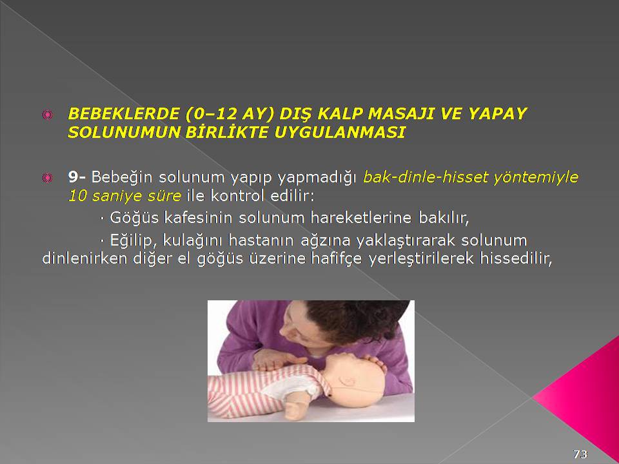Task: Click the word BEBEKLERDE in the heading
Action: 124,114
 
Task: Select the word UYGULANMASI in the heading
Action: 340,133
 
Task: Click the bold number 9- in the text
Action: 77,177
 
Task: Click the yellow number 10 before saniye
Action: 77,196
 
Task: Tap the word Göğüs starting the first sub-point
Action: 134,218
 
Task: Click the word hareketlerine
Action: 361,217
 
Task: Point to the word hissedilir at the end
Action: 516,259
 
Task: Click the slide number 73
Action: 580,454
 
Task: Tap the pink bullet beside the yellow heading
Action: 47,115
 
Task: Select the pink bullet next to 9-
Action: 47,178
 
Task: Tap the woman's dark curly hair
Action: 355,320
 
